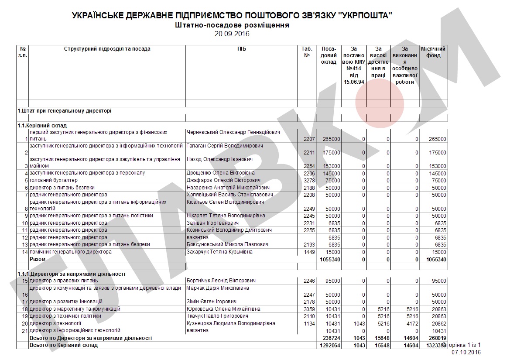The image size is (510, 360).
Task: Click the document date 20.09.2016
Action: click(232, 34)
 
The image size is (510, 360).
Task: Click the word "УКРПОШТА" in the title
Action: click(365, 16)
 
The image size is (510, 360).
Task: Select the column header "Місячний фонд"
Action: click(433, 52)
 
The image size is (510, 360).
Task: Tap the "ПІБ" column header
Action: click(242, 49)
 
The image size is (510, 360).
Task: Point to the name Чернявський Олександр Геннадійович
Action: click(233, 132)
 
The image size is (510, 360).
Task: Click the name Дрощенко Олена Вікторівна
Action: click(220, 173)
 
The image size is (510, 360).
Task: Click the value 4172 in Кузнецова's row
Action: click(412, 324)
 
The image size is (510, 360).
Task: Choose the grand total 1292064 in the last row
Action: click(330, 345)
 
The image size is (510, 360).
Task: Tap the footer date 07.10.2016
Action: click(466, 352)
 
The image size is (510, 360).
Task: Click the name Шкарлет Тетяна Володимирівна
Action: click(226, 216)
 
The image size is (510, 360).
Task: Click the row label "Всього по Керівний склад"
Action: click(63, 345)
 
